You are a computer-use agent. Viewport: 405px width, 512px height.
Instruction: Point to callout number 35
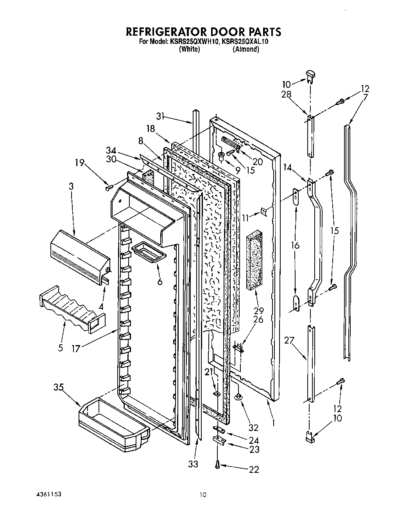point(59,388)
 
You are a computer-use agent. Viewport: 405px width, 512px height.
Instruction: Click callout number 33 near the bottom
point(193,464)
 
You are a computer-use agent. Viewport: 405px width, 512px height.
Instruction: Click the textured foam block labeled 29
point(254,261)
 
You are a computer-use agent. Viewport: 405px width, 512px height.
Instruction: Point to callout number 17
point(76,348)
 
